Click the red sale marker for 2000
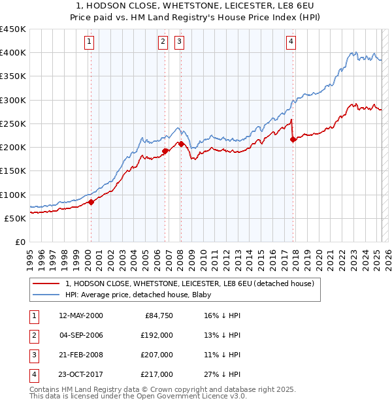(x=91, y=202)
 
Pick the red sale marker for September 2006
(x=165, y=151)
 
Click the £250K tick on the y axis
(x=13, y=123)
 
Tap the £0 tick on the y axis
(x=20, y=242)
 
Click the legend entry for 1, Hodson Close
(x=190, y=283)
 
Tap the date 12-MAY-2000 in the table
(x=81, y=316)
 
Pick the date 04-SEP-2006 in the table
(x=81, y=335)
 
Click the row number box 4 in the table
(x=33, y=374)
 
